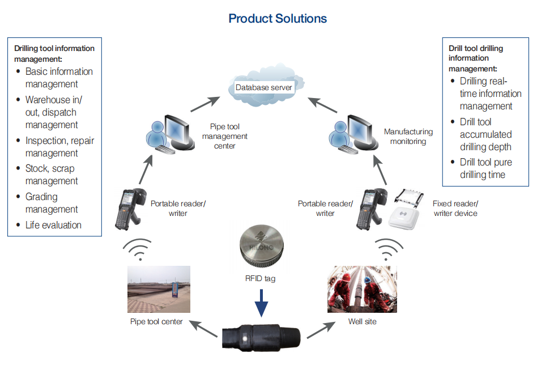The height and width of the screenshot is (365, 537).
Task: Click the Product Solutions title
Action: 278,18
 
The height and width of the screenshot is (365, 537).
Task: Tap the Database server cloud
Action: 264,87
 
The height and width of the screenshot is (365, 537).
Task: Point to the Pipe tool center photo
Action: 159,289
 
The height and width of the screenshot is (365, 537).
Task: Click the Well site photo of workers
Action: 361,289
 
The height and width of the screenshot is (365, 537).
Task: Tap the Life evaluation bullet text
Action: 53,225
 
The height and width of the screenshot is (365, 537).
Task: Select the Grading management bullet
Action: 51,203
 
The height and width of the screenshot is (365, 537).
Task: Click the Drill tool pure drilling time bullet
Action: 485,168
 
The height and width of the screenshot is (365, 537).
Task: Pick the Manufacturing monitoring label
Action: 408,136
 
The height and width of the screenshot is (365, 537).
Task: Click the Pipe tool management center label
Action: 229,137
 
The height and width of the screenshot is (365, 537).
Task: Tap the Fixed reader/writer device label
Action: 455,208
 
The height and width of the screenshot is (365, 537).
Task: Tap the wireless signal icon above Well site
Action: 388,249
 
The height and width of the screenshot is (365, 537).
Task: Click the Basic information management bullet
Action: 59,78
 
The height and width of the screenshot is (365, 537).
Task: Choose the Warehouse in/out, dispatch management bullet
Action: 54,112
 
